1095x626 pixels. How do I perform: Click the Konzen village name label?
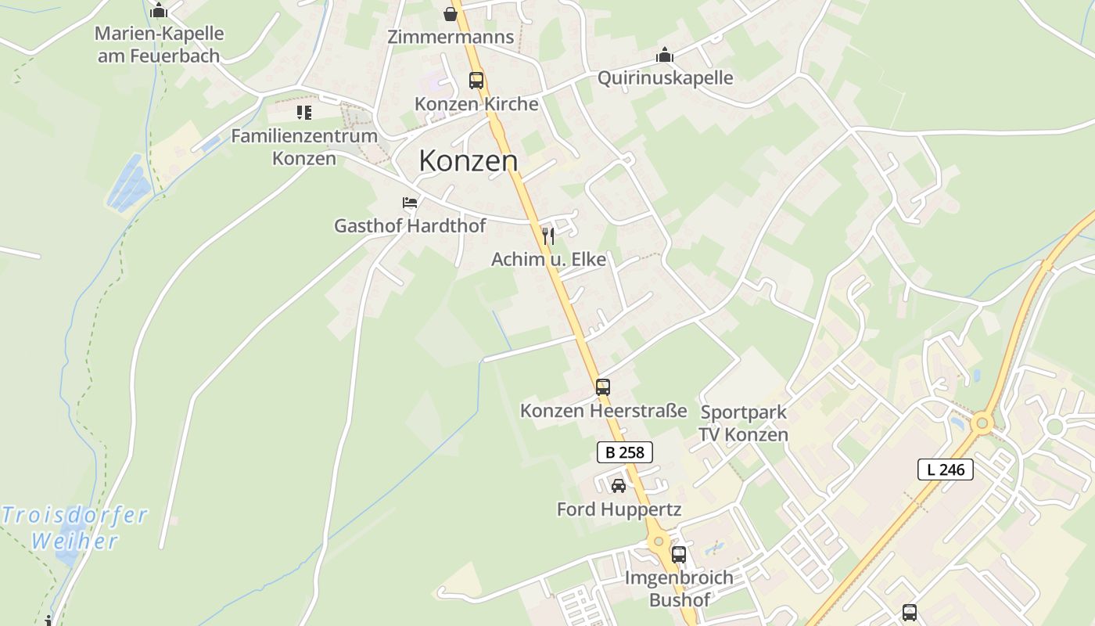click(x=468, y=160)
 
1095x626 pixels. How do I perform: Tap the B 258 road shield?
click(x=624, y=452)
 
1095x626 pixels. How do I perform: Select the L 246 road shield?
click(x=945, y=469)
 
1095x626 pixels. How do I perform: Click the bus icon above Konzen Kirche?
click(x=476, y=80)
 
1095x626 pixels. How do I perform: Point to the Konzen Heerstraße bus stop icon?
click(x=602, y=387)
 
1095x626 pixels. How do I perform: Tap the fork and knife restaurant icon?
click(x=548, y=236)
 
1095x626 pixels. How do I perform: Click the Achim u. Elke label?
click(x=548, y=259)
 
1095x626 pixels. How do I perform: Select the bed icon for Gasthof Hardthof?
click(x=410, y=203)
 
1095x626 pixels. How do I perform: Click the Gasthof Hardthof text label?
click(x=410, y=226)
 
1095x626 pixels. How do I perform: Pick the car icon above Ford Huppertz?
click(x=619, y=486)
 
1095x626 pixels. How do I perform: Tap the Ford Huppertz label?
click(x=619, y=509)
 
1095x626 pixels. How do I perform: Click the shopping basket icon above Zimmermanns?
click(x=451, y=14)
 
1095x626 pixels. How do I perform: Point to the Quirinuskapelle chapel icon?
click(x=665, y=55)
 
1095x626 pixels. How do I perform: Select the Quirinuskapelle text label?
click(x=665, y=77)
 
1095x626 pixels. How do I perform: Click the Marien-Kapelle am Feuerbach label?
click(x=159, y=45)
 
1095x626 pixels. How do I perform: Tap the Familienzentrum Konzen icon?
click(x=303, y=113)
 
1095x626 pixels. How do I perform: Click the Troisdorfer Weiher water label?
click(x=75, y=527)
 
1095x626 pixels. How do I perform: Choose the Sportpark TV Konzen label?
click(x=743, y=423)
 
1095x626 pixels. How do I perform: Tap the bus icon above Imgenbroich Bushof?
click(x=679, y=555)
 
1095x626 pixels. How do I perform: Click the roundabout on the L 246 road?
click(x=982, y=424)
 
